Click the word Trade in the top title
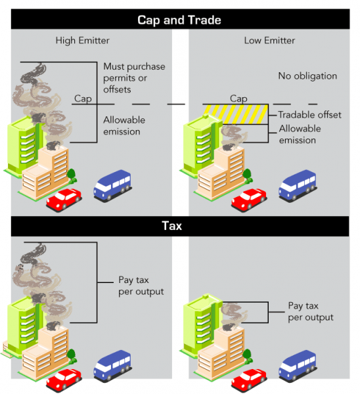(x=204, y=20)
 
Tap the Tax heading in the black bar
(x=172, y=226)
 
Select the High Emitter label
(x=83, y=41)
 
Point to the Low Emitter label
(x=269, y=41)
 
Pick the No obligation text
(x=307, y=76)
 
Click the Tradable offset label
(x=309, y=115)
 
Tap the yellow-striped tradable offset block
(x=236, y=114)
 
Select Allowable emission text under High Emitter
(x=124, y=125)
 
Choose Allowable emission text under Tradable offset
(x=300, y=135)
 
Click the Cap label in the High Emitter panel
(x=83, y=98)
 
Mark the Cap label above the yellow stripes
(x=238, y=98)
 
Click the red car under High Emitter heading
(x=64, y=199)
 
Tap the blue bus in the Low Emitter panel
(x=298, y=186)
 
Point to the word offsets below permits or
(x=117, y=89)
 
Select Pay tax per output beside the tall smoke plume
(x=141, y=286)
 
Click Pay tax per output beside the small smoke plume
(x=311, y=311)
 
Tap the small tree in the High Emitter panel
(x=72, y=175)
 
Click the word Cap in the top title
(x=148, y=20)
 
